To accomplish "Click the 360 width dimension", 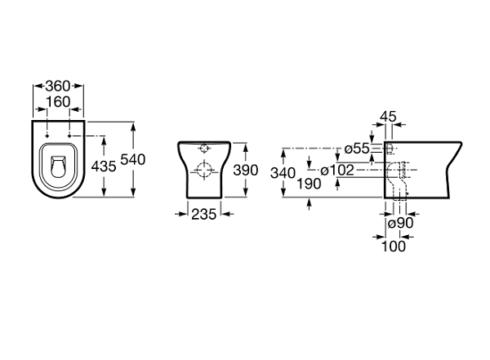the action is (58, 86).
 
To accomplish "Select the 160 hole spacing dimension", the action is (58, 101).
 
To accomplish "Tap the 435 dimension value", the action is (104, 167).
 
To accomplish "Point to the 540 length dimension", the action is (133, 160).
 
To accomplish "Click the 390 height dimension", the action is (246, 171).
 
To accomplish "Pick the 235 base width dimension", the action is (203, 215).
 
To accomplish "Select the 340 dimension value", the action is (283, 173).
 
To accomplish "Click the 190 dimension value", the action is (309, 184).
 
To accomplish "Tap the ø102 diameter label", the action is (337, 171).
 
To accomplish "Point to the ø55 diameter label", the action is (357, 149).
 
